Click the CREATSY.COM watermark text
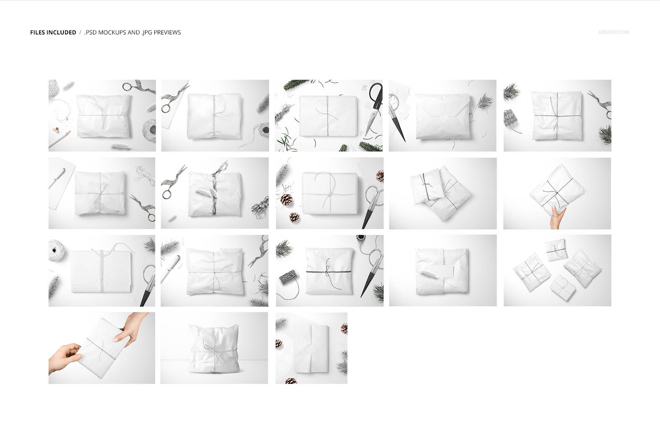614,32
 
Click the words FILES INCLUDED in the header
53,32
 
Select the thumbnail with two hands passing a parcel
102,348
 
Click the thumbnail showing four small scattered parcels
557,270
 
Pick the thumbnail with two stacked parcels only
443,193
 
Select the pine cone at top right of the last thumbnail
344,328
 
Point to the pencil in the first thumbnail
60,138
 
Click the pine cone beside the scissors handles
380,176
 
